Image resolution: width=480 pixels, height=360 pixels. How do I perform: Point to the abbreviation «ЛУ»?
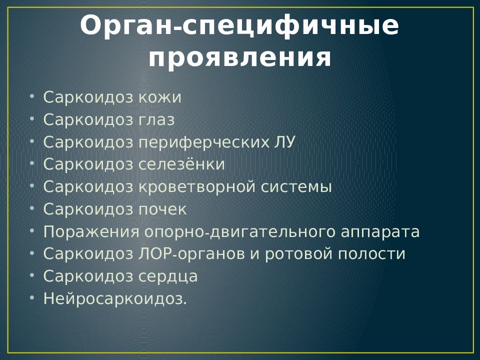click(x=283, y=142)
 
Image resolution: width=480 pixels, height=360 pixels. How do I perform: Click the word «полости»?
click(x=371, y=254)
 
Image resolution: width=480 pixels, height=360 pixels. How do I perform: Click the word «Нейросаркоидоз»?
click(x=113, y=299)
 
